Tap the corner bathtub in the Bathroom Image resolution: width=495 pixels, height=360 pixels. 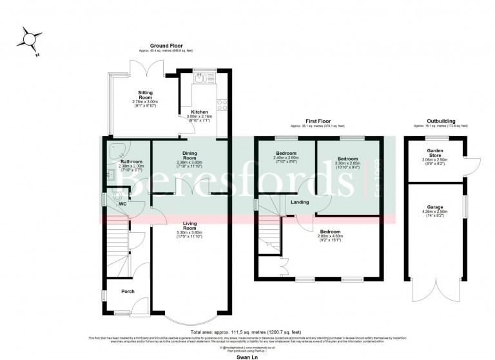coord(117,150)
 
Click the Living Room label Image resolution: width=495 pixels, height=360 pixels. coord(189,225)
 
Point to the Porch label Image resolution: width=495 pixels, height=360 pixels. coord(128,291)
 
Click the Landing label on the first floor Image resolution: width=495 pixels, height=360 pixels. coord(300,203)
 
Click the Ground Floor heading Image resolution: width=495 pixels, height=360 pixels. coord(166,46)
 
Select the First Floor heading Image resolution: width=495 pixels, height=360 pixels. coord(316,121)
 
